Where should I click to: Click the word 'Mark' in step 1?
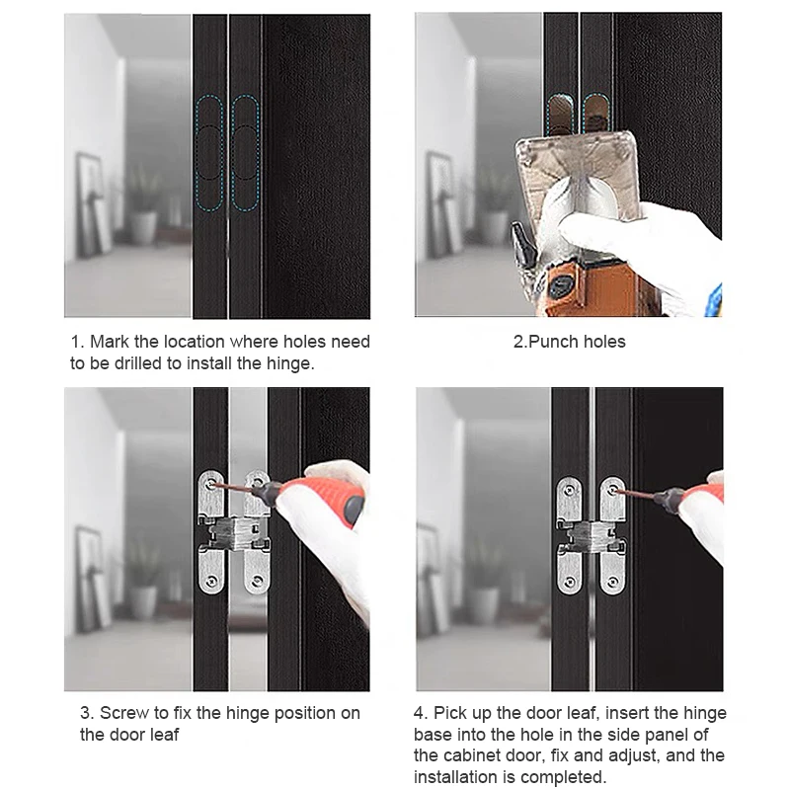pos(110,342)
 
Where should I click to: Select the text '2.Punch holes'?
pos(570,342)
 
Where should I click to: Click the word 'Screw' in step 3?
pos(124,713)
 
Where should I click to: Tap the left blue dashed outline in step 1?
pos(209,153)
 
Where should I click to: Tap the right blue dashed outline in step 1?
pos(245,153)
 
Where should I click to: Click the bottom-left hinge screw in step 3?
pos(212,581)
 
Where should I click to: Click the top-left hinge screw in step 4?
pos(570,489)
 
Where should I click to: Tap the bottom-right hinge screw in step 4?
pos(613,582)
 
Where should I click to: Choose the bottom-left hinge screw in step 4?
pos(570,582)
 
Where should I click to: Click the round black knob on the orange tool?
pos(559,286)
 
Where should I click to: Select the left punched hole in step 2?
pos(558,115)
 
